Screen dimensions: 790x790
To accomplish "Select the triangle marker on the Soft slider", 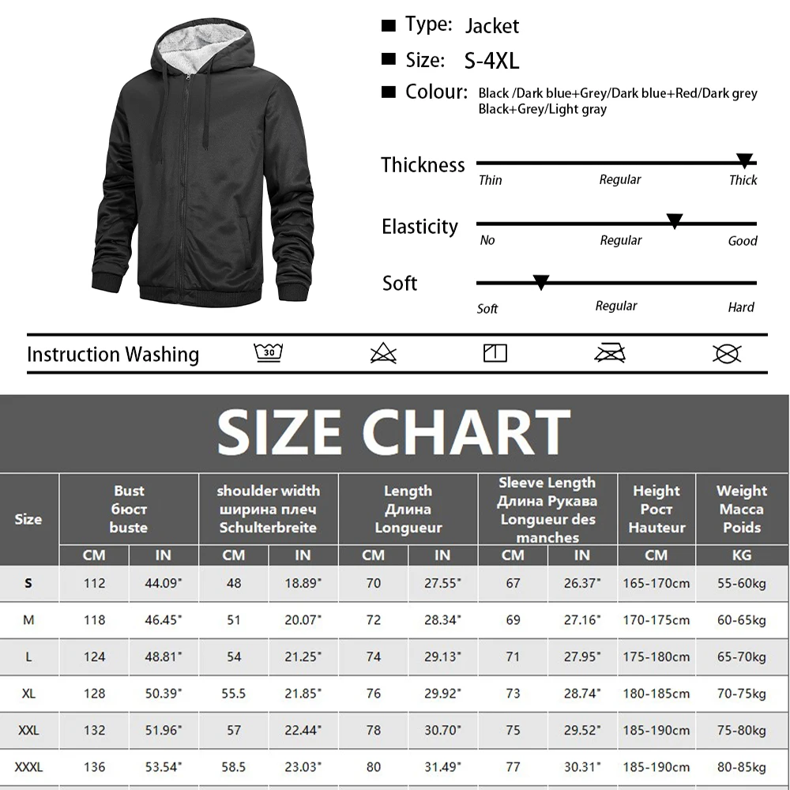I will pos(541,281).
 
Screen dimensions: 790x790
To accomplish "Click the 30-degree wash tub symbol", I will pos(269,352).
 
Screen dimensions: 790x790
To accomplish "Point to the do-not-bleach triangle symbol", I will pos(383,353).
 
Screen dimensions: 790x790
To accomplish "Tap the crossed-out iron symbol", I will pos(609,352).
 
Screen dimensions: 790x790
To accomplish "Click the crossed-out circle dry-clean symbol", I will pos(726,353).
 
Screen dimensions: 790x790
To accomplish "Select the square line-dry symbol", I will pos(495,352).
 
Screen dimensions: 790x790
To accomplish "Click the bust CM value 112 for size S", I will pos(94,584).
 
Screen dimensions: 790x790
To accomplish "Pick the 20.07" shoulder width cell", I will pos(303,620).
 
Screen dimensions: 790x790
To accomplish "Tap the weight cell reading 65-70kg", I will pos(741,657).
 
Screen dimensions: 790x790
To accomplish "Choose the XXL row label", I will pos(28,731).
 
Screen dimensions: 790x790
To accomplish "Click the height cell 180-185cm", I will pos(656,694).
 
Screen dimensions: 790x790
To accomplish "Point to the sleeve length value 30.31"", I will pos(582,767).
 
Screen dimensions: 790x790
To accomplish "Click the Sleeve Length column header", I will pos(547,510).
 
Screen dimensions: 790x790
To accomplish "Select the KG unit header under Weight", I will pos(741,555).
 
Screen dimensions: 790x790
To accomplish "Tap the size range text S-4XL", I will pos(491,61).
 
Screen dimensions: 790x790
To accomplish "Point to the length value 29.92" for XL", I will pos(442,694).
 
